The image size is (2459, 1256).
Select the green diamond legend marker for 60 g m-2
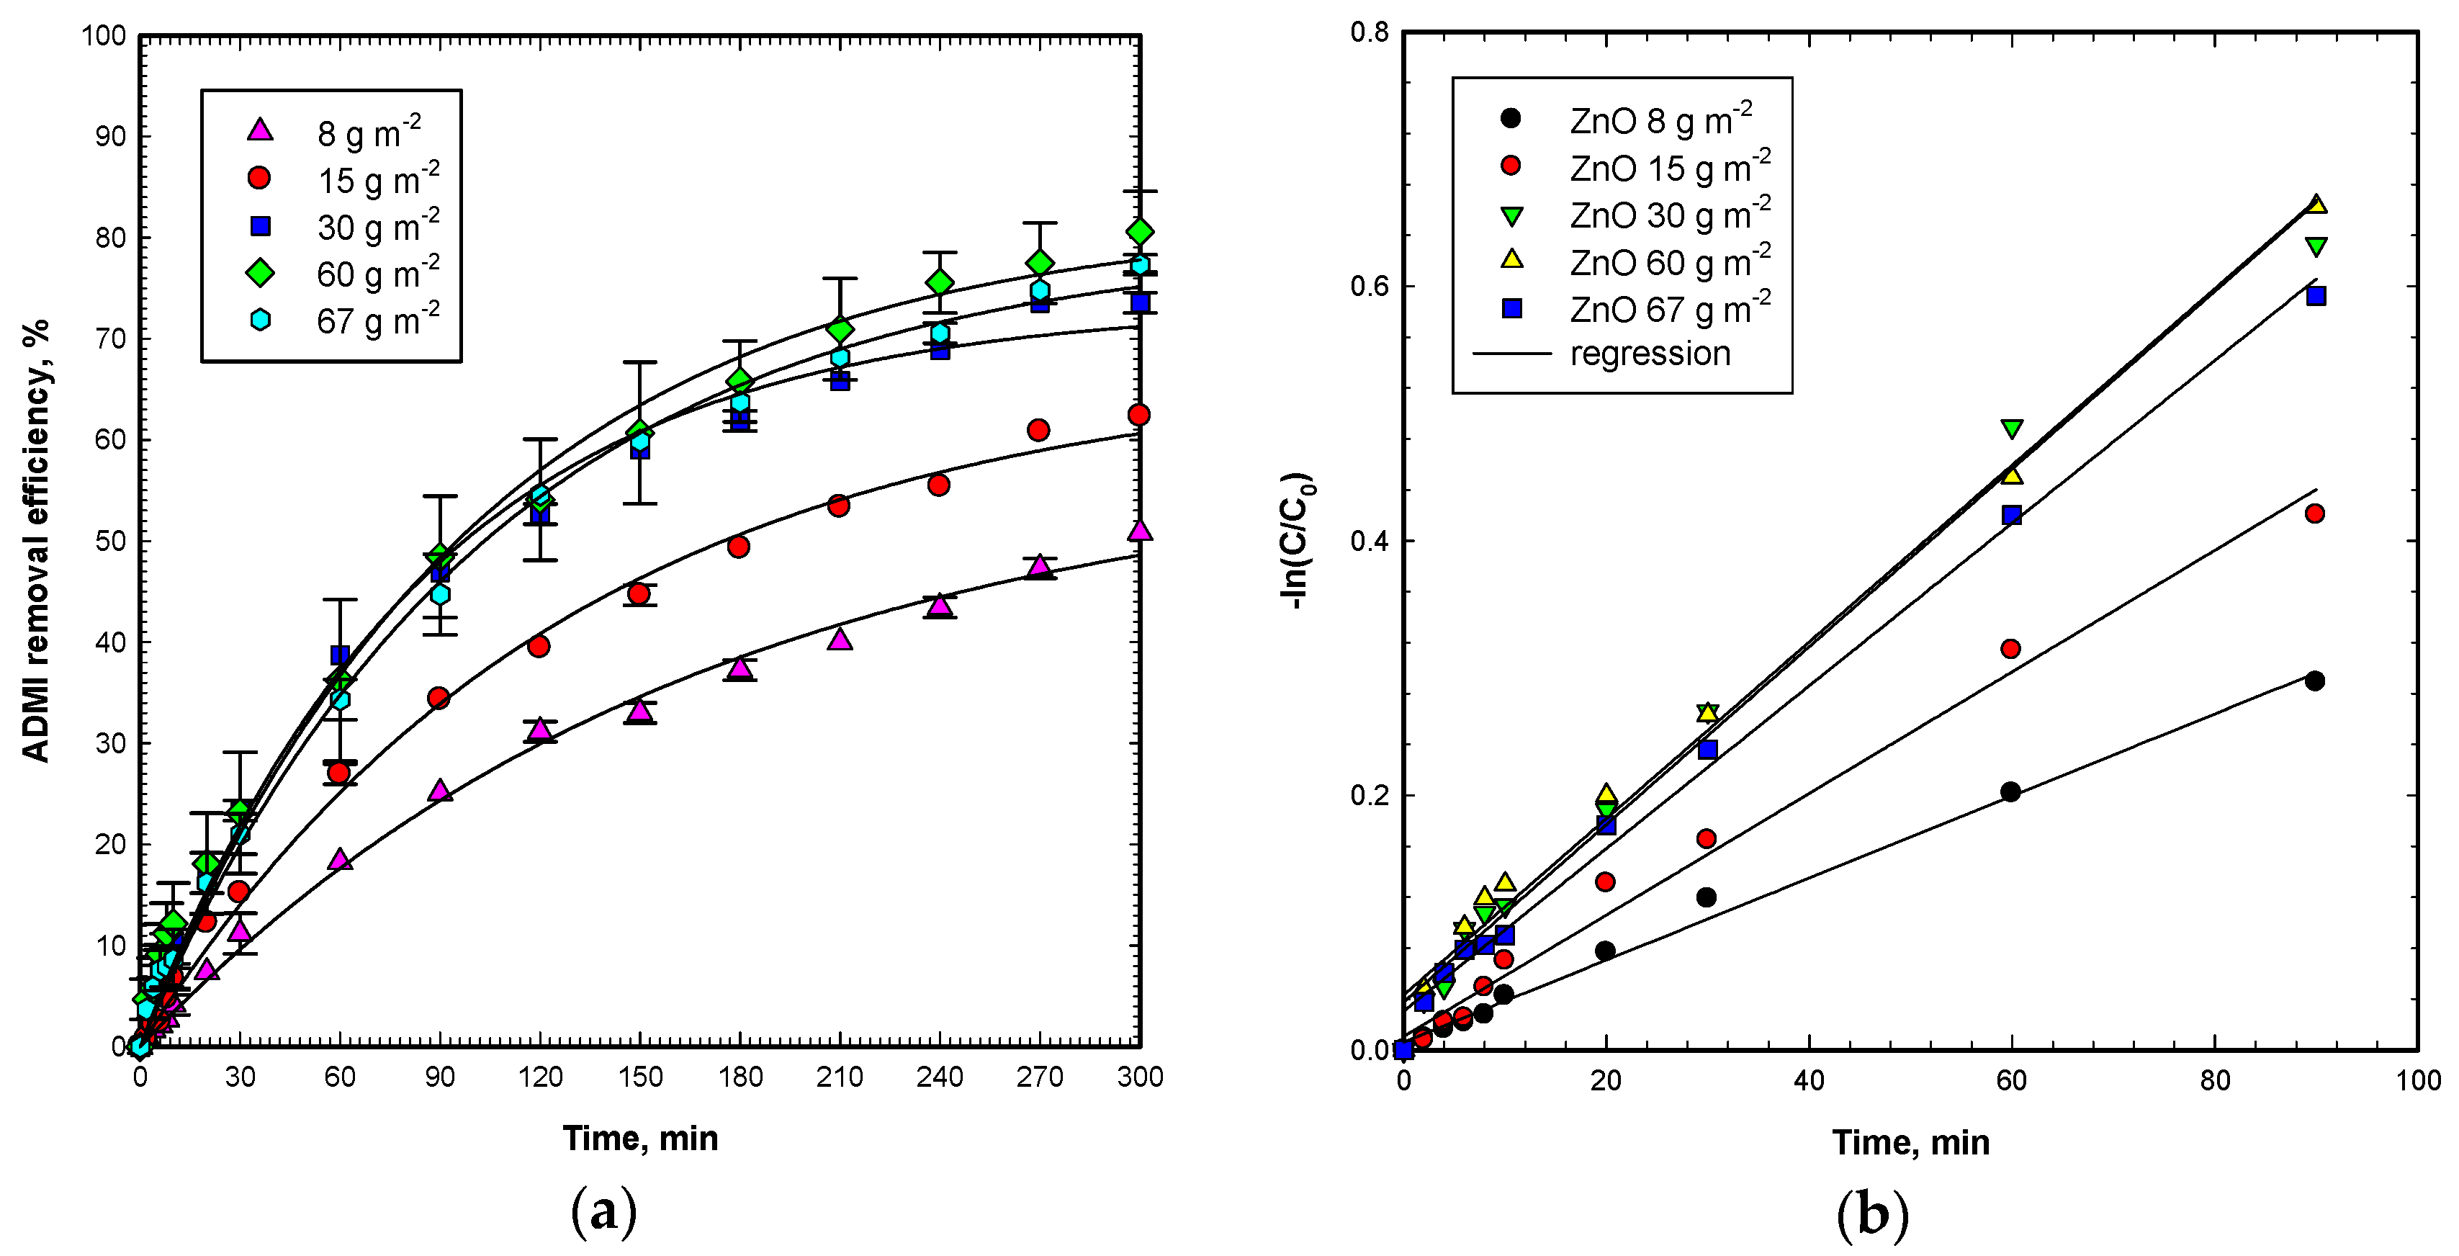point(260,273)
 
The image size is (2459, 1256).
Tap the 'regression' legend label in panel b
point(1650,354)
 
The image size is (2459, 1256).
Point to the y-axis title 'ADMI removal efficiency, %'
point(35,540)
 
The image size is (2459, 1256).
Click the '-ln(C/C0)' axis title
point(1298,541)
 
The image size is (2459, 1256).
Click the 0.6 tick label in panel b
point(1368,287)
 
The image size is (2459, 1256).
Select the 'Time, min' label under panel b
point(1910,1142)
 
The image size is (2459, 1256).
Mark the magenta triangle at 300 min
point(1139,531)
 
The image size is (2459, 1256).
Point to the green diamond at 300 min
point(1139,232)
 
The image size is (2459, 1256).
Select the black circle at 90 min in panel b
point(2314,681)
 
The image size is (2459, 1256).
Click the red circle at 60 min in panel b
point(2010,649)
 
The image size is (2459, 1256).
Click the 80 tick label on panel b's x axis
point(2215,1080)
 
